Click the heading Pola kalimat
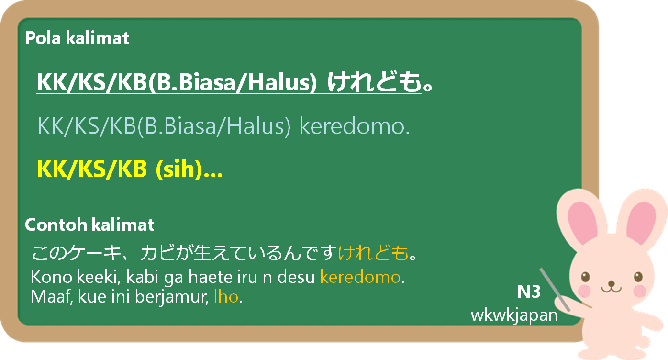pyautogui.click(x=77, y=38)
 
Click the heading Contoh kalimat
pyautogui.click(x=89, y=225)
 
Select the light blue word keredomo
pyautogui.click(x=354, y=126)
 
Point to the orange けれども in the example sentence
pyautogui.click(x=373, y=253)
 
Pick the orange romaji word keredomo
pyautogui.click(x=360, y=277)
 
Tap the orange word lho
pyautogui.click(x=226, y=297)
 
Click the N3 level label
pyautogui.click(x=529, y=292)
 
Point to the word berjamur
pyautogui.click(x=171, y=297)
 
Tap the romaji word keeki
pyautogui.click(x=98, y=277)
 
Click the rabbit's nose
pyautogui.click(x=612, y=283)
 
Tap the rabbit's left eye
pyautogui.click(x=586, y=277)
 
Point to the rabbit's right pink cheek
pyautogui.click(x=639, y=291)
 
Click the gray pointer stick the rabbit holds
pyautogui.click(x=555, y=290)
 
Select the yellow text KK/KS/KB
pyautogui.click(x=92, y=169)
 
